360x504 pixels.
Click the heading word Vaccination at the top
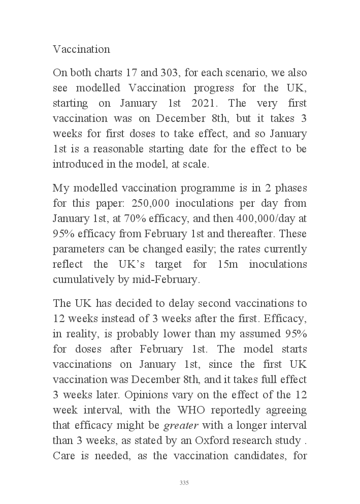(x=81, y=49)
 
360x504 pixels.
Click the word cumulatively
(x=83, y=279)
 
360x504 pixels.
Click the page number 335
(x=184, y=482)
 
